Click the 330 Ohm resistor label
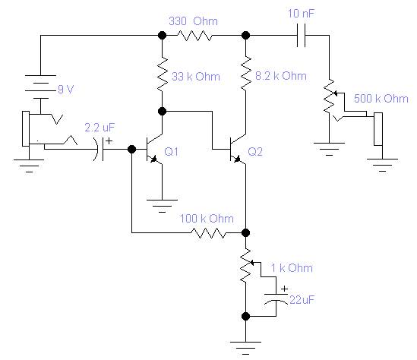coord(194,21)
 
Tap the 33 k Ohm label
coord(196,77)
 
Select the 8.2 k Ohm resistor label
coord(281,76)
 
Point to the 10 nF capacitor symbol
coord(301,35)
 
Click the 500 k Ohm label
coord(381,99)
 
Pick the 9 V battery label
coord(65,90)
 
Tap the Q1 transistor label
coord(171,152)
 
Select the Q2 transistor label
coord(255,152)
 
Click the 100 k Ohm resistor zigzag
coord(208,233)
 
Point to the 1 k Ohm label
coord(292,268)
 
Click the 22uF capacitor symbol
coord(276,298)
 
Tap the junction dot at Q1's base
coord(131,149)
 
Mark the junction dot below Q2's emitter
coord(246,233)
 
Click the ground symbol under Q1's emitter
coord(162,206)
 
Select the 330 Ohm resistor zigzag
coord(194,36)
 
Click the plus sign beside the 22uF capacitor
coord(285,289)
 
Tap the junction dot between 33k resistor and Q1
coord(162,111)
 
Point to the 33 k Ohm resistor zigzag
coord(163,74)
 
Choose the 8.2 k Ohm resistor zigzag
coord(246,74)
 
